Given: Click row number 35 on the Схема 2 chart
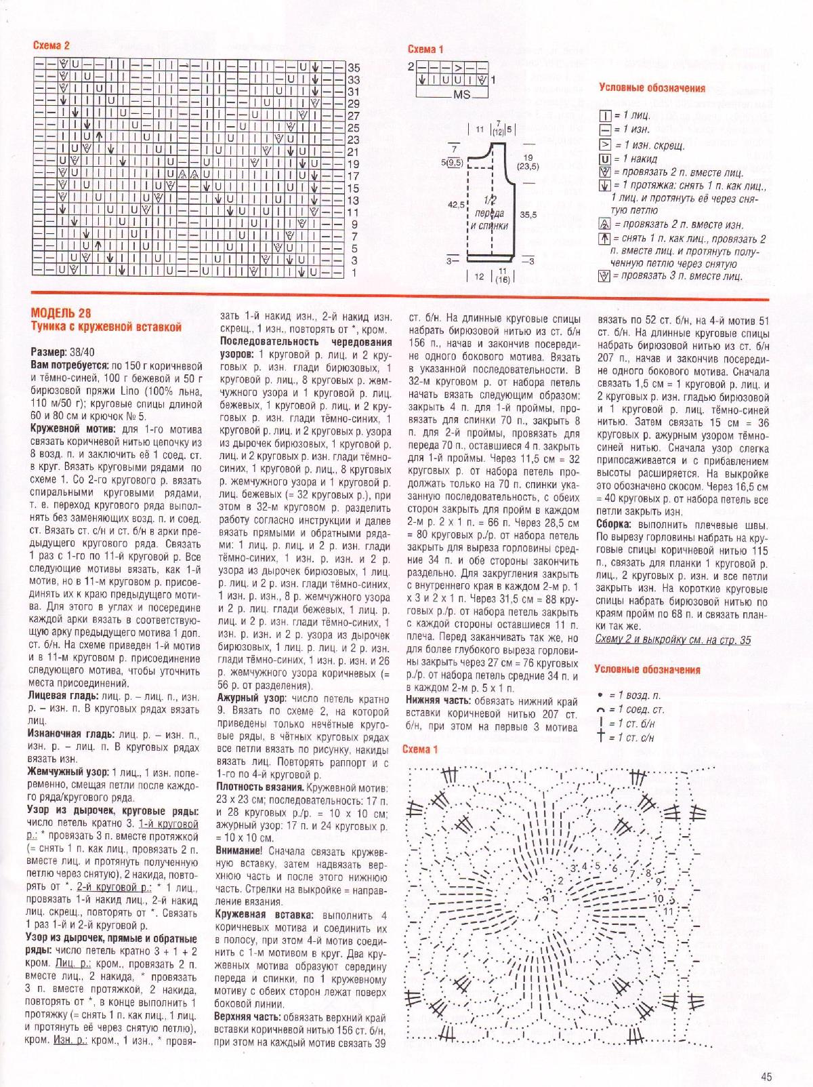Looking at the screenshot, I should (354, 68).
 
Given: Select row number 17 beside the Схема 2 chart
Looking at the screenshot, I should (354, 176).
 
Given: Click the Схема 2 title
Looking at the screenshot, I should (51, 46).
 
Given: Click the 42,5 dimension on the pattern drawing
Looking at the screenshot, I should (455, 204).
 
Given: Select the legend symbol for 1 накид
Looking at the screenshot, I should (605, 159).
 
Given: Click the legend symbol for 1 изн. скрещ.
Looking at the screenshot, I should (605, 145).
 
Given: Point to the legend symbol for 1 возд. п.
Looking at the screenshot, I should (600, 696).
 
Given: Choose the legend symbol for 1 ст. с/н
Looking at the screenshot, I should (600, 737).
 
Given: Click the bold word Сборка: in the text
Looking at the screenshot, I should (614, 524).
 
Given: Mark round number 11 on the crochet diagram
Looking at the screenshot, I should (669, 911).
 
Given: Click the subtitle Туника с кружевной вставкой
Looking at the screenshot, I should (106, 327).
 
